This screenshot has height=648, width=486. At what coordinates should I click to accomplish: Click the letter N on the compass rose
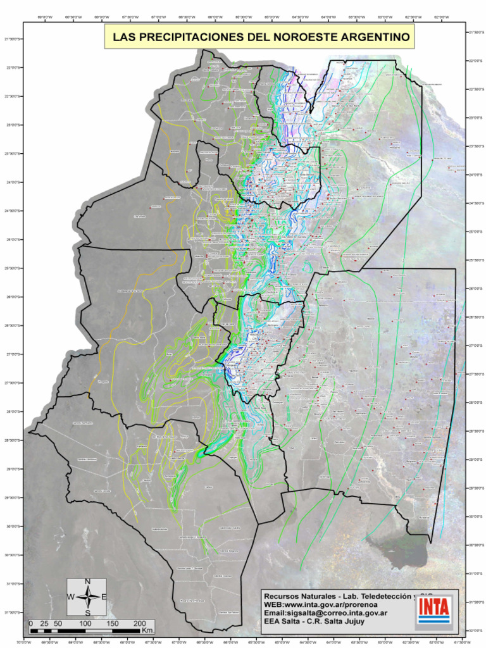(x=87, y=582)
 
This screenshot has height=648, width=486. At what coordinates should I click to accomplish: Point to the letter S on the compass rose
(x=87, y=612)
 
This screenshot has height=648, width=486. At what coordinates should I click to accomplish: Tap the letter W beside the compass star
(x=71, y=597)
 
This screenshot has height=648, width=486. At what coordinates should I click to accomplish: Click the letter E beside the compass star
(x=104, y=597)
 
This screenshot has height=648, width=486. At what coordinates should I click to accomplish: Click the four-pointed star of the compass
(x=87, y=597)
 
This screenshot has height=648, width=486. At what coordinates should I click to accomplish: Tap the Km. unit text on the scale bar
(x=147, y=631)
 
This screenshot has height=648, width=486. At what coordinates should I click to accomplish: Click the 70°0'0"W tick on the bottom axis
(x=23, y=642)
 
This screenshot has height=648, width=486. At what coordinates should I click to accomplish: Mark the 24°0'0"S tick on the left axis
(x=11, y=182)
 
